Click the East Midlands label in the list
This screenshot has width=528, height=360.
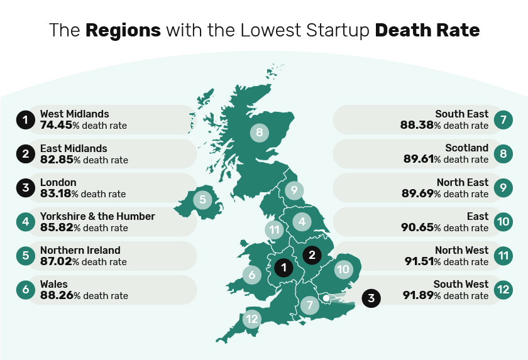point(74,148)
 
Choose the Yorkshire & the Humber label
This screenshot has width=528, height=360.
point(97,216)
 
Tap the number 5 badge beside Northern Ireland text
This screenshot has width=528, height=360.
point(26,256)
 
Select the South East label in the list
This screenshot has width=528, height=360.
point(461,114)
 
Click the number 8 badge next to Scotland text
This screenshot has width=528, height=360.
point(502,153)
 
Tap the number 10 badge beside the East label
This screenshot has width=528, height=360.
point(502,221)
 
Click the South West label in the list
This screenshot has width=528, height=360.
point(461,284)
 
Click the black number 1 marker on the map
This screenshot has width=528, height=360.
point(283,268)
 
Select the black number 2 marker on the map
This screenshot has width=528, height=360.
point(312,254)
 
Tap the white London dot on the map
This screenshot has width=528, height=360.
point(326,297)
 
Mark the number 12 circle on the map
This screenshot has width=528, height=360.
point(252,319)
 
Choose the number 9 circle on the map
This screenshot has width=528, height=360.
point(293,190)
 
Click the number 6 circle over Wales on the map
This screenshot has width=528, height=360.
point(251,275)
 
